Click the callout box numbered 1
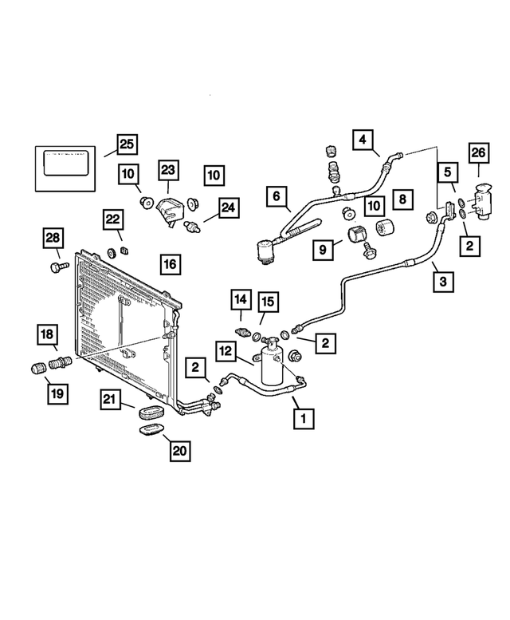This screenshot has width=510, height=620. click(x=302, y=417)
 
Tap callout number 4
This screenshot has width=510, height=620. click(x=363, y=141)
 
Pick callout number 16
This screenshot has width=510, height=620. click(x=170, y=263)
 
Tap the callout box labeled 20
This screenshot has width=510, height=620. click(x=180, y=451)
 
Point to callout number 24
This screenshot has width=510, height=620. click(x=228, y=208)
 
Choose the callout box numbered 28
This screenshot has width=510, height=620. click(x=52, y=238)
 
